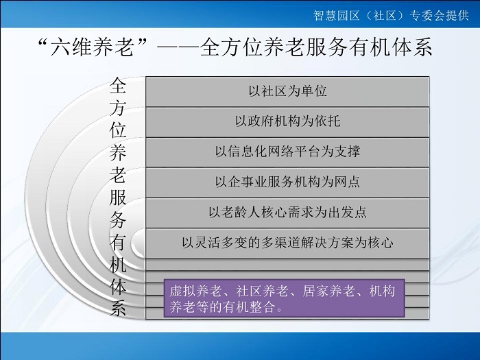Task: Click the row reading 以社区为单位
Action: coord(287,91)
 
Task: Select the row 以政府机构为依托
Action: coord(287,122)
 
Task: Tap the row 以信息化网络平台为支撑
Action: coord(287,152)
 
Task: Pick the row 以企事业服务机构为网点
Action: coord(287,182)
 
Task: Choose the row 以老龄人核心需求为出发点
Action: coord(287,213)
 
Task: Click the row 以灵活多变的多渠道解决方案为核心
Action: coord(287,243)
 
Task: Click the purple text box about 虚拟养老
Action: coord(285,298)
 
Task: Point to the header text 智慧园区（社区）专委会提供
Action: coord(391,15)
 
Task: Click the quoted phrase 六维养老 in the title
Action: coord(93,47)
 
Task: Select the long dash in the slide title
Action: coord(178,48)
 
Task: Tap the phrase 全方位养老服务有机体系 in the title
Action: coord(316,47)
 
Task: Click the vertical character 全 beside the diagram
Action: coord(118,86)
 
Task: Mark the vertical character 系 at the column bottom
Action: coord(118,307)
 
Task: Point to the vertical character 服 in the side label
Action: coord(118,197)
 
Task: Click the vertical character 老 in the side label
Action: coord(118,175)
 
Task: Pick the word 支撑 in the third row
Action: coord(347,152)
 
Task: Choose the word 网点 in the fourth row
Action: coord(347,182)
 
